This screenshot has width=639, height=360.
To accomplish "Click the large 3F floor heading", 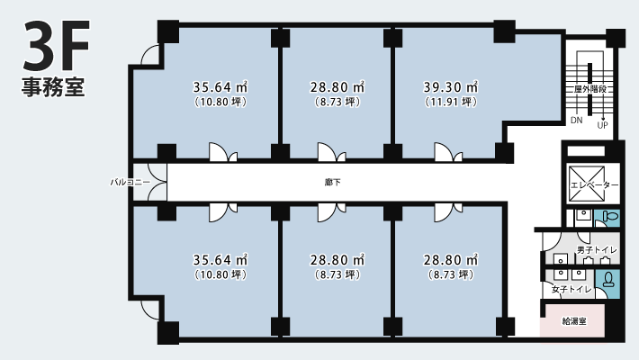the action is (56, 45).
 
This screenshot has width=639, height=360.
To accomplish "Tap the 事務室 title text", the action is (53, 87).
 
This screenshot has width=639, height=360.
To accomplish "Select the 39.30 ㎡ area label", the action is (450, 86).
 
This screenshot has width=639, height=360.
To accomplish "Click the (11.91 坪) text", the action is (450, 102).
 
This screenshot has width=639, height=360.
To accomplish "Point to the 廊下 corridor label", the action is (333, 182).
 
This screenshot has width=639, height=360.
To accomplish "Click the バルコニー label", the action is (130, 182).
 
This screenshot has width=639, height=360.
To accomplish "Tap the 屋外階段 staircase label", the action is (590, 89).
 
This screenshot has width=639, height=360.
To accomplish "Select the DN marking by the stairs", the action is (577, 121).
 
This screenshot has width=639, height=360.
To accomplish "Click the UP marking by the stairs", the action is (602, 125).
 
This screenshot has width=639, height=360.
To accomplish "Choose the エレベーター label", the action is (594, 185).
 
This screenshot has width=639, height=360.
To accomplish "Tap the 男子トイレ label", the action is (597, 250).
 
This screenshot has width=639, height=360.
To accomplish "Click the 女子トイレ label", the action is (571, 290).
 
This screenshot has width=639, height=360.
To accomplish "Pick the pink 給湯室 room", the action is (573, 321).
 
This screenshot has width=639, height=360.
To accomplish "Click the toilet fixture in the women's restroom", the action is (608, 279).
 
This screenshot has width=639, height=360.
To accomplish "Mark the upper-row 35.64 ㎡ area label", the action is (220, 86).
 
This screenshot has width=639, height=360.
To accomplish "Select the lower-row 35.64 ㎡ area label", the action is (220, 260).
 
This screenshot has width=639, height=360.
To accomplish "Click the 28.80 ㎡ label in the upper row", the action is (337, 86).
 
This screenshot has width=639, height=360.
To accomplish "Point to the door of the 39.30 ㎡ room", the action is (448, 152).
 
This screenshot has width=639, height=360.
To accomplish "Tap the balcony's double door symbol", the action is (157, 182).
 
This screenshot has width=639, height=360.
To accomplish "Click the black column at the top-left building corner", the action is (168, 31).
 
